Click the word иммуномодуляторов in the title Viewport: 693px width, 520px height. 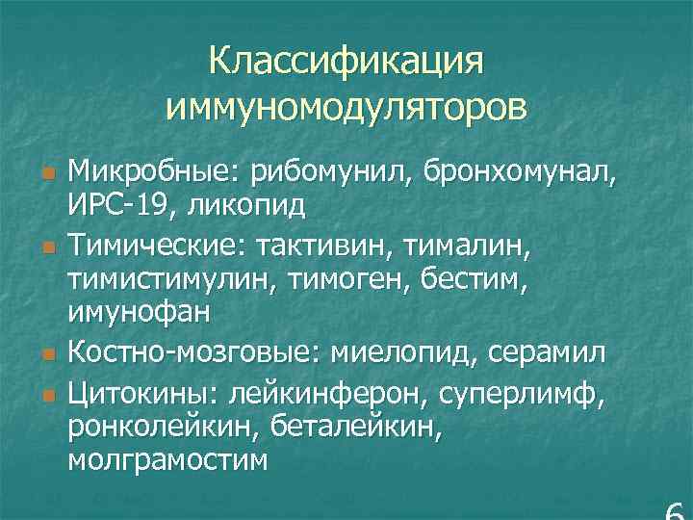pyautogui.click(x=346, y=105)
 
